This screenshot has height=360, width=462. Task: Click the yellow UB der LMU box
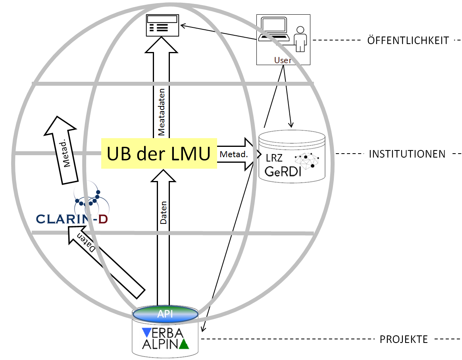(x=159, y=153)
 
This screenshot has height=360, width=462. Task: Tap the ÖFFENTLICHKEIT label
(x=408, y=40)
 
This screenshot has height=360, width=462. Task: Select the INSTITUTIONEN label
(x=407, y=154)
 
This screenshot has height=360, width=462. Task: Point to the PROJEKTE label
(x=404, y=339)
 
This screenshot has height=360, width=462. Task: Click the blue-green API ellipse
(x=165, y=314)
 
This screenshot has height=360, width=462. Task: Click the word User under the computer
(x=282, y=60)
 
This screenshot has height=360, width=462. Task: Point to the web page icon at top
(x=162, y=25)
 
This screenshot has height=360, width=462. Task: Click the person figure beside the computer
(x=301, y=39)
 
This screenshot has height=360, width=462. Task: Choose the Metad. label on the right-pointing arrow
(x=233, y=154)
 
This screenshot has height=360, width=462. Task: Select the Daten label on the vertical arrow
(x=164, y=213)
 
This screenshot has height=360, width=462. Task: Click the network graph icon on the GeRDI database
(x=307, y=161)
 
